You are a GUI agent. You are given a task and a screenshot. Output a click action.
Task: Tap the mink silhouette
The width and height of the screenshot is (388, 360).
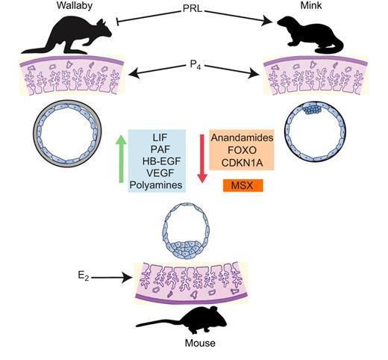click(311, 35)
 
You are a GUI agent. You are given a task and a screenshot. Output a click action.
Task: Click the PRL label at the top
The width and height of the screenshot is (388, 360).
click(193, 9)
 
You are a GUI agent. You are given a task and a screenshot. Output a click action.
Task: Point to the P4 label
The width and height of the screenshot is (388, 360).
click(195, 65)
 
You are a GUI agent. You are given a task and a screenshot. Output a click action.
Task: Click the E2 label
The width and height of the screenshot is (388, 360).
click(84, 276)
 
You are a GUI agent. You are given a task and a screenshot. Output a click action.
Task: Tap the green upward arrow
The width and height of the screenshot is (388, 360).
click(121, 159)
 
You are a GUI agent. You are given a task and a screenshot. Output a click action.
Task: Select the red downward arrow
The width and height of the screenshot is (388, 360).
click(202, 158)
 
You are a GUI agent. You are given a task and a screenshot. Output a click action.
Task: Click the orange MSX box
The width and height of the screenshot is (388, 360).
click(242, 185)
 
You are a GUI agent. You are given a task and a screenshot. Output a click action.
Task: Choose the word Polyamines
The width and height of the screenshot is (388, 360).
click(156, 185)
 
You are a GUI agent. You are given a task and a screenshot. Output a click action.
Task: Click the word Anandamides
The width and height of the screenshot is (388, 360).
click(242, 137)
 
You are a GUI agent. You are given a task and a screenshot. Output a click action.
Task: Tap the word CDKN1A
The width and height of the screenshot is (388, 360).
click(242, 163)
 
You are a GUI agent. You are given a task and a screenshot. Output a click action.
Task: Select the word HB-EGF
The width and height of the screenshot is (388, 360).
click(161, 161)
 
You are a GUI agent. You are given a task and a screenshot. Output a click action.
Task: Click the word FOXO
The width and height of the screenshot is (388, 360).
click(242, 150)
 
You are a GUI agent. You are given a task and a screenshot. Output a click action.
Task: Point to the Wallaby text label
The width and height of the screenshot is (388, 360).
click(75, 5)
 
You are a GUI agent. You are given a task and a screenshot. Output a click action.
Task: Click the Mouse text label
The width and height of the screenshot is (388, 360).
click(200, 343)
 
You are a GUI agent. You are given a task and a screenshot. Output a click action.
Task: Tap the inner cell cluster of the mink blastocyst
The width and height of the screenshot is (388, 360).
click(313, 108)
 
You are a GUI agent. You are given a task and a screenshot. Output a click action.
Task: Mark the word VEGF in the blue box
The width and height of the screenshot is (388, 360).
click(160, 173)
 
